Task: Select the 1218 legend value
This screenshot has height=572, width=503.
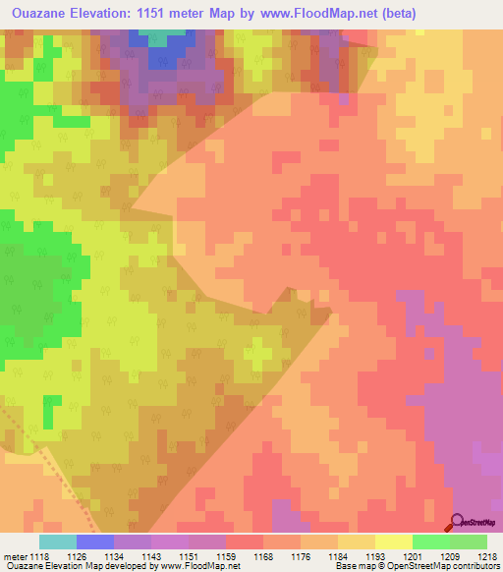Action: pos(486,556)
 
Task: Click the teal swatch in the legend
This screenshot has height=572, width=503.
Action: pos(57,542)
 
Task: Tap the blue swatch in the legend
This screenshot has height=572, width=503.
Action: pos(94,542)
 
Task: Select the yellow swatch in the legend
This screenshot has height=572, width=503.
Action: pos(393,542)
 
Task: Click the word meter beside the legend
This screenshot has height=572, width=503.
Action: pos(14,556)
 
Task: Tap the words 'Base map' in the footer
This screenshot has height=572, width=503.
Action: pos(360,567)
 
